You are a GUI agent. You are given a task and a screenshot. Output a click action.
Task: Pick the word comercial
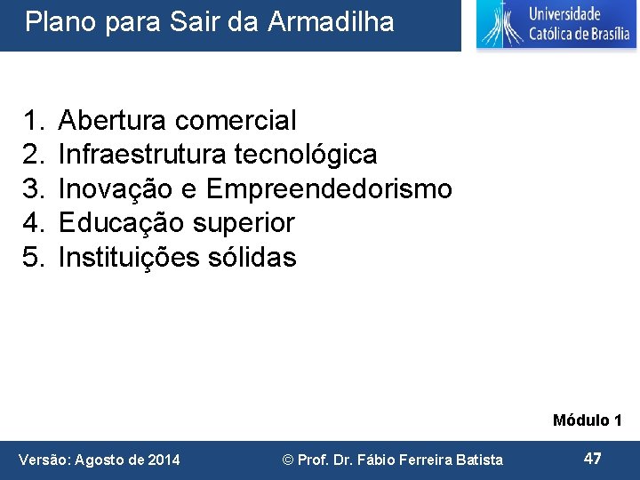click(x=236, y=119)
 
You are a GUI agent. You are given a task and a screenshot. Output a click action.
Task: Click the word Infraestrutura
click(x=142, y=154)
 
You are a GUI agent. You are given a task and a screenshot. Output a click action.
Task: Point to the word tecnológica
click(x=306, y=154)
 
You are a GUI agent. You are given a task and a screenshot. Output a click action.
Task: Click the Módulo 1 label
click(x=587, y=420)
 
